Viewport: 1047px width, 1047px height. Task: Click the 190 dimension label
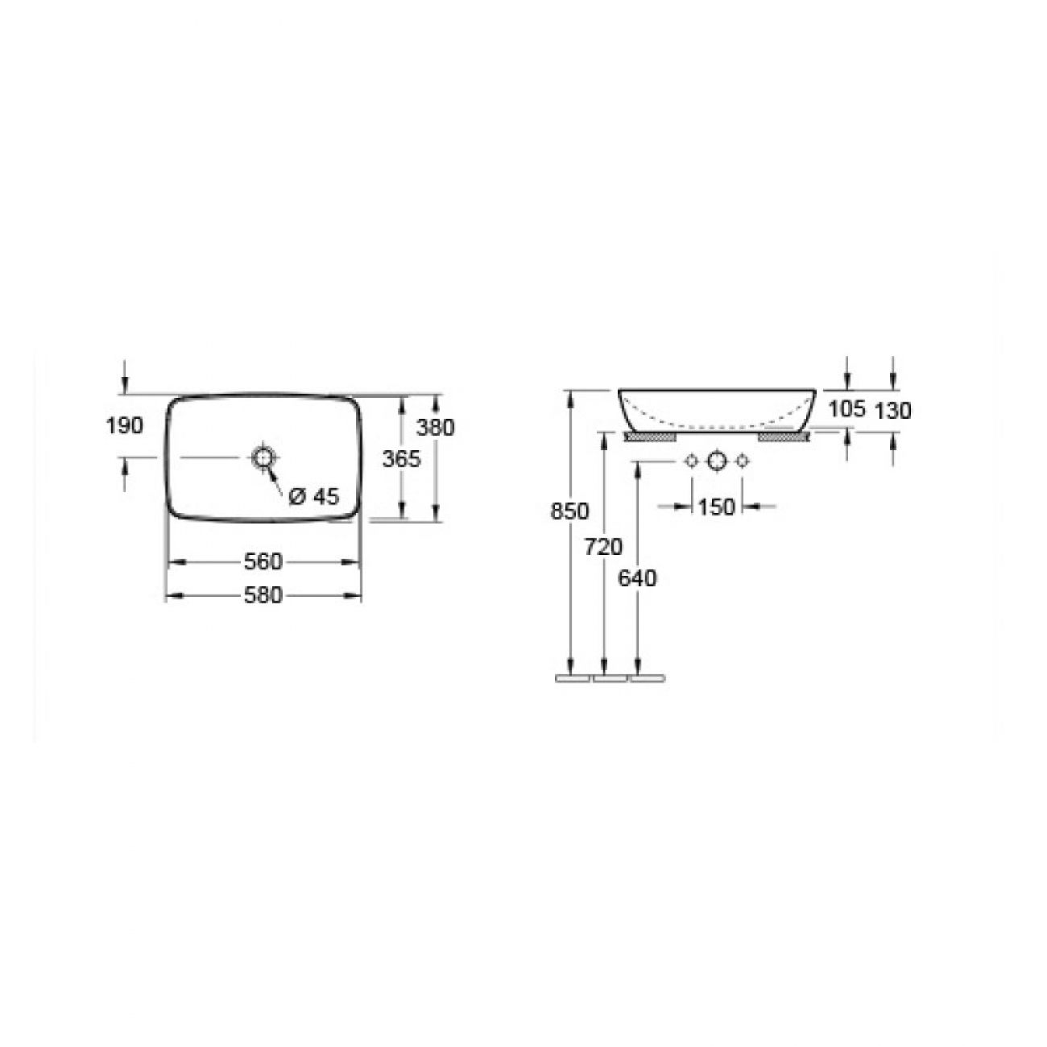124,426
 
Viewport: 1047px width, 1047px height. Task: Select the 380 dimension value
435,428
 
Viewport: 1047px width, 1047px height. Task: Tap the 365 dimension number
402,459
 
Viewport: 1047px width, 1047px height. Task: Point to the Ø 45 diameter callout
314,495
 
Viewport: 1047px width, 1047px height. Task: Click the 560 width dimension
263,562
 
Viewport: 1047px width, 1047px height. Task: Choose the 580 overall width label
263,595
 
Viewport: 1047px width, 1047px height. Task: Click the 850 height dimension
569,511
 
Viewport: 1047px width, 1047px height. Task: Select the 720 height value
603,547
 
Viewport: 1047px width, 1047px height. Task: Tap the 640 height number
637,578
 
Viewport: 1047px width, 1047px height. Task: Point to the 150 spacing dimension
716,507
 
